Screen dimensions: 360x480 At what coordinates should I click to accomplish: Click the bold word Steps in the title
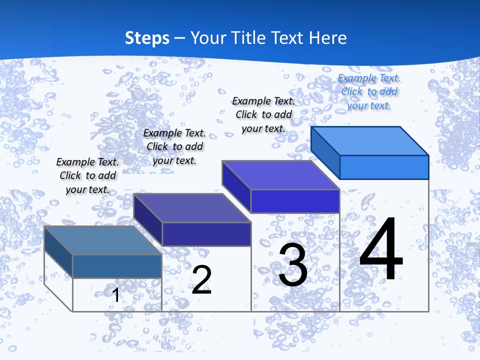pyautogui.click(x=147, y=38)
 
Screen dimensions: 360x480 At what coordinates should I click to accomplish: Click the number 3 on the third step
pyautogui.click(x=293, y=265)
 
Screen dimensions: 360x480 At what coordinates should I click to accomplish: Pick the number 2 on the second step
pyautogui.click(x=202, y=280)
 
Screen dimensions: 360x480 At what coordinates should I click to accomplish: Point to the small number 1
pyautogui.click(x=116, y=295)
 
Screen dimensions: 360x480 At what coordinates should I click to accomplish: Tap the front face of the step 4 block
pyautogui.click(x=384, y=167)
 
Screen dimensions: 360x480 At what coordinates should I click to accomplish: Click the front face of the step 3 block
pyautogui.click(x=295, y=201)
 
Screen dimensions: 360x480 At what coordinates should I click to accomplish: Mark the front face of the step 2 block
pyautogui.click(x=206, y=234)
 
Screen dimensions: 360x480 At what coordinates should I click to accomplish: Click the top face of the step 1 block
pyautogui.click(x=103, y=240)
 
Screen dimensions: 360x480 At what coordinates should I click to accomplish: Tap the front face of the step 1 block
pyautogui.click(x=117, y=266)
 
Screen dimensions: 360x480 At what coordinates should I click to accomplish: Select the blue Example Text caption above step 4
pyautogui.click(x=369, y=91)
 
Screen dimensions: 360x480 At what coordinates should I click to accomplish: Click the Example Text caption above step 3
pyautogui.click(x=263, y=114)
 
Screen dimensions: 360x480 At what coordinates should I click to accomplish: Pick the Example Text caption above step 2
pyautogui.click(x=174, y=146)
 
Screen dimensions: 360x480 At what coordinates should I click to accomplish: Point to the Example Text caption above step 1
pyautogui.click(x=87, y=175)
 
